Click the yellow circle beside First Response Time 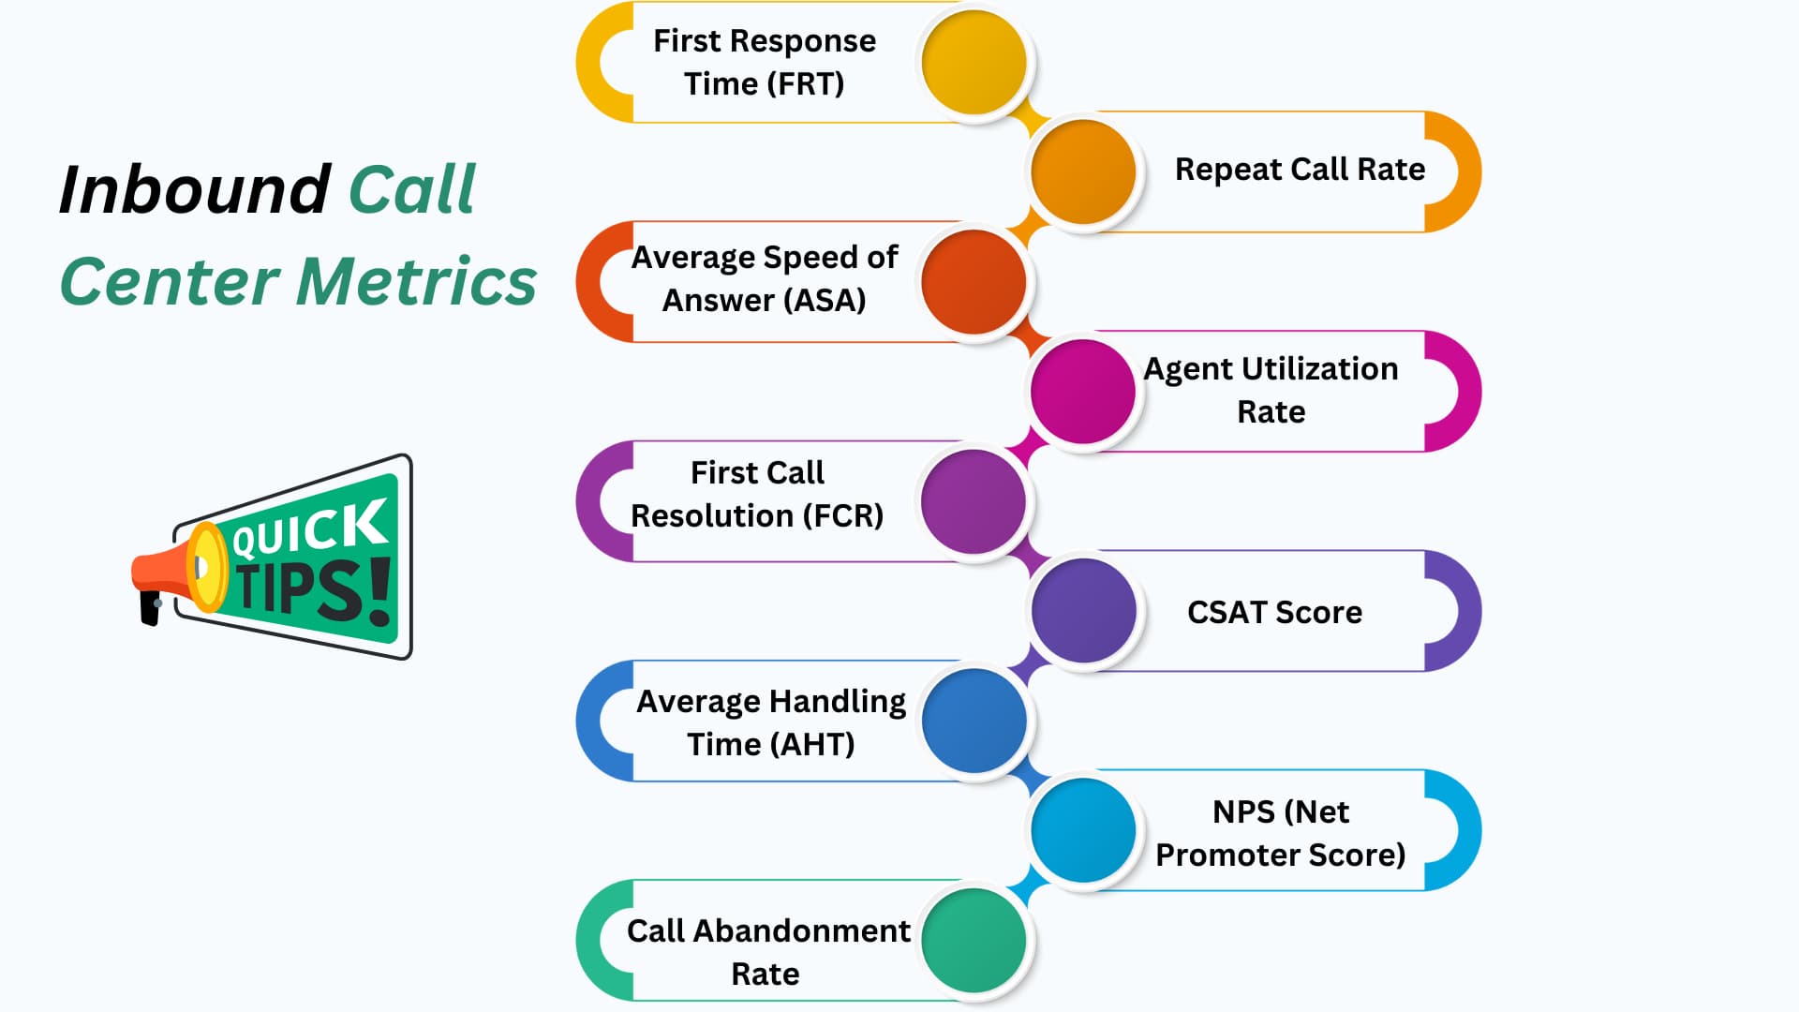coord(974,62)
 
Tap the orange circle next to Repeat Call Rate coord(1083,171)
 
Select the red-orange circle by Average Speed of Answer coord(974,281)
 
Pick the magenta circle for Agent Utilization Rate coord(1083,391)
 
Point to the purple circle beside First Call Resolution coord(974,501)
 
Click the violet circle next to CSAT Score coord(1083,611)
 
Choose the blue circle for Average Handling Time coord(974,721)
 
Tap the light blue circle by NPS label coord(1083,830)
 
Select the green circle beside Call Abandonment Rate coord(974,940)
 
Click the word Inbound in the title coord(194,190)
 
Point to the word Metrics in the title coord(417,281)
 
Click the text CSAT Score coord(1274,612)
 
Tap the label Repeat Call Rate coord(1300,170)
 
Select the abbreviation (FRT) coord(805,84)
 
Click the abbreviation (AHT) coord(811,744)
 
